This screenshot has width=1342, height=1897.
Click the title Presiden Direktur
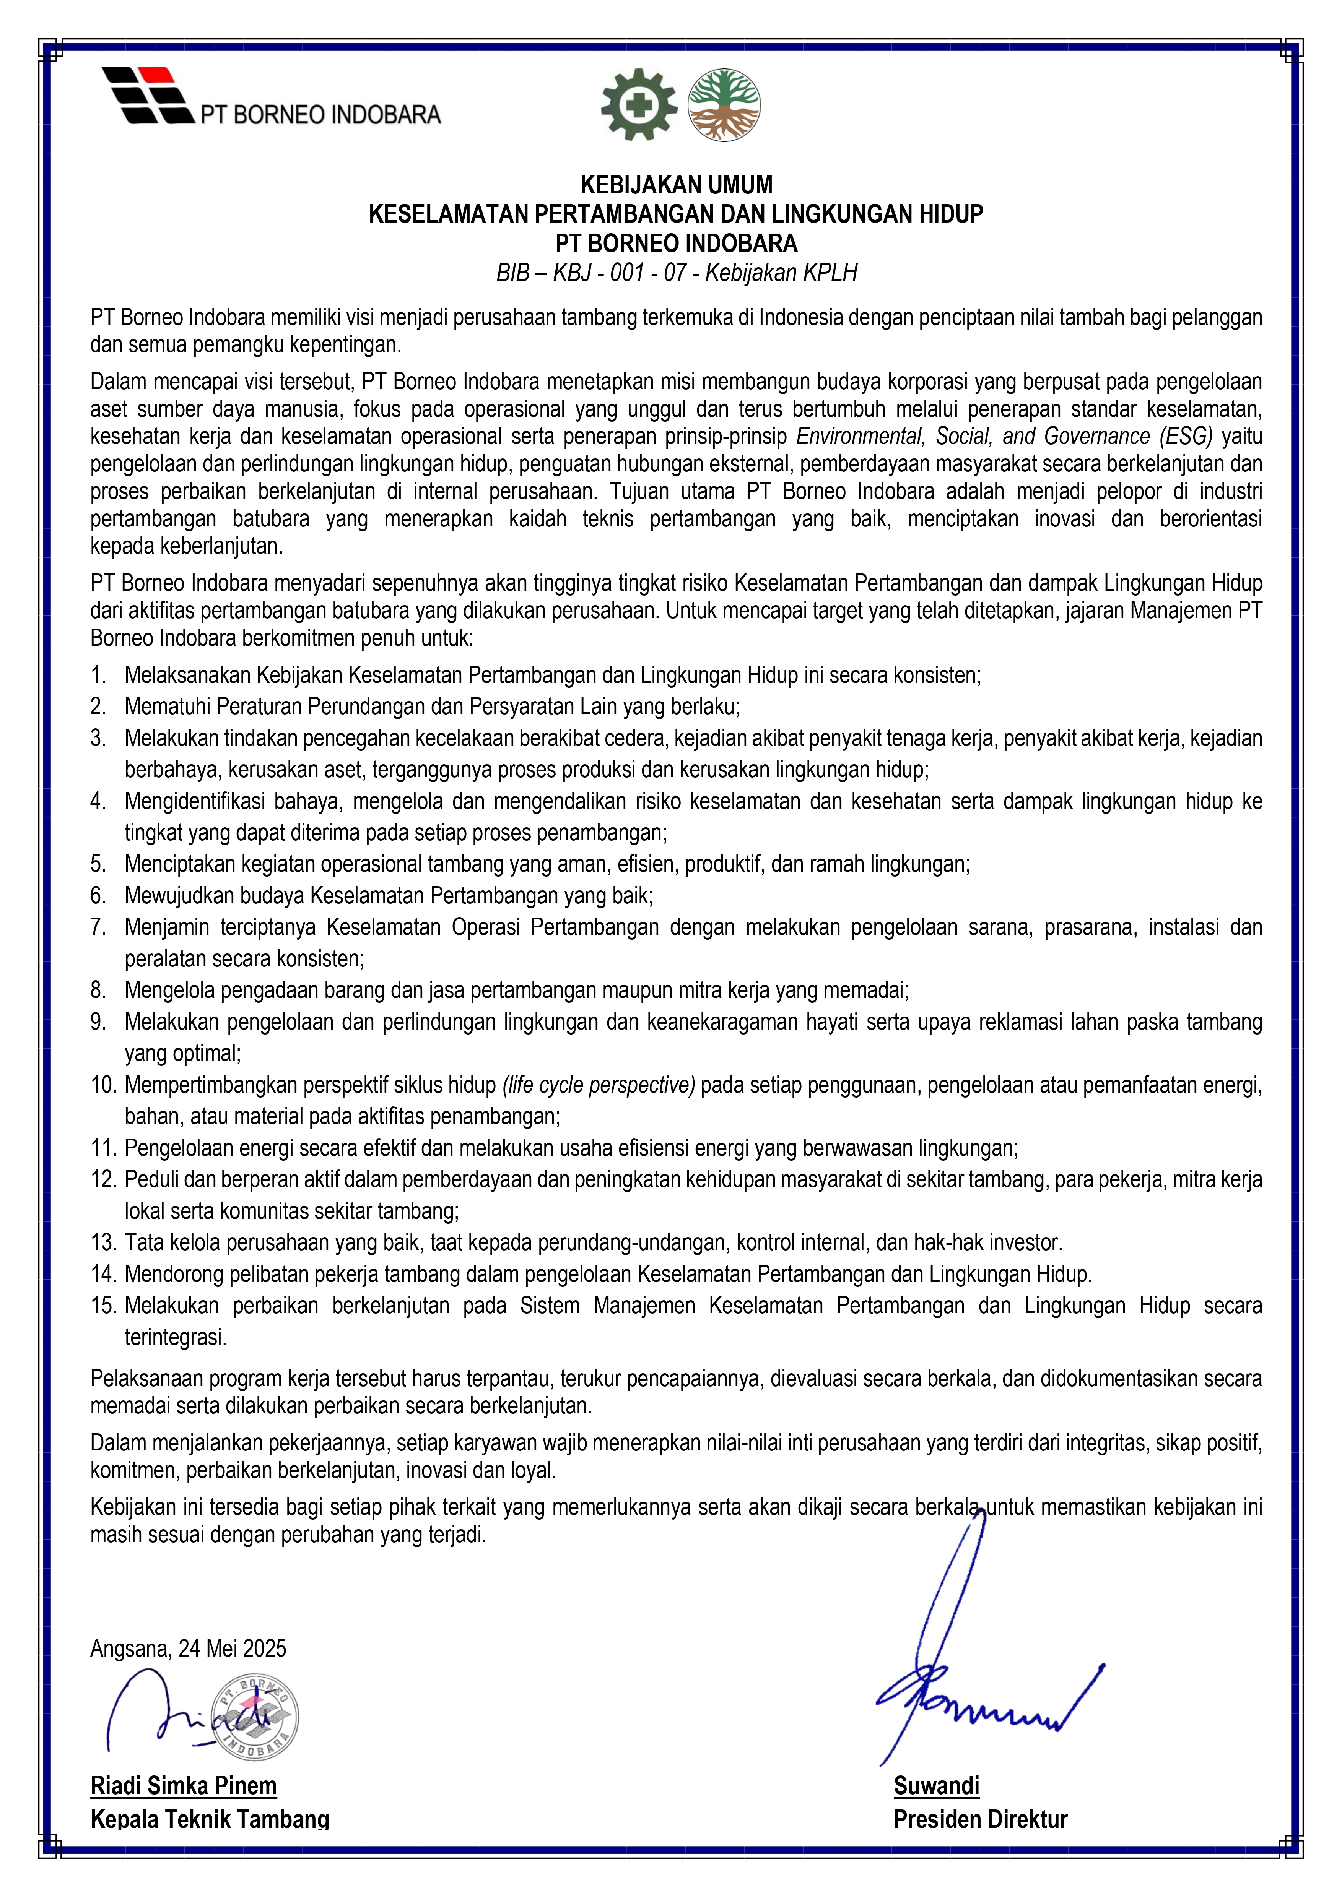coord(980,1819)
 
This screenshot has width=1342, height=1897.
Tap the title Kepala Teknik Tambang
coord(210,1819)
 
